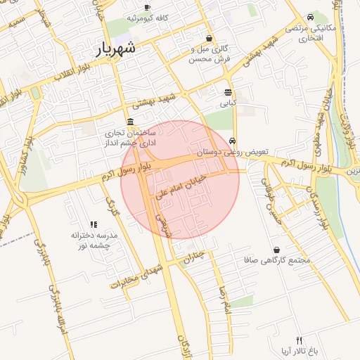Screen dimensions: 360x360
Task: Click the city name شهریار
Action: (x=117, y=50)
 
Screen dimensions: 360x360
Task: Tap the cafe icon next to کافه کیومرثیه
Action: (x=156, y=6)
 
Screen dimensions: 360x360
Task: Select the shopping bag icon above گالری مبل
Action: (x=209, y=38)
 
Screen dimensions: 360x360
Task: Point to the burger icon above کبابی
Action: (x=229, y=92)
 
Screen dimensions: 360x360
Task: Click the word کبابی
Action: (x=229, y=103)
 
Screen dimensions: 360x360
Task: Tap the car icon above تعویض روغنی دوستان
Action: (x=233, y=141)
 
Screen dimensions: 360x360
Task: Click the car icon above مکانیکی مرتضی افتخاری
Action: (x=310, y=17)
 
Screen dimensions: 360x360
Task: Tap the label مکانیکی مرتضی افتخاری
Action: (x=311, y=32)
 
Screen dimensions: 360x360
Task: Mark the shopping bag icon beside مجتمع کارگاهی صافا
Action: (x=276, y=250)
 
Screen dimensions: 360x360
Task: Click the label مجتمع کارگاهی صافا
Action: (x=284, y=261)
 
